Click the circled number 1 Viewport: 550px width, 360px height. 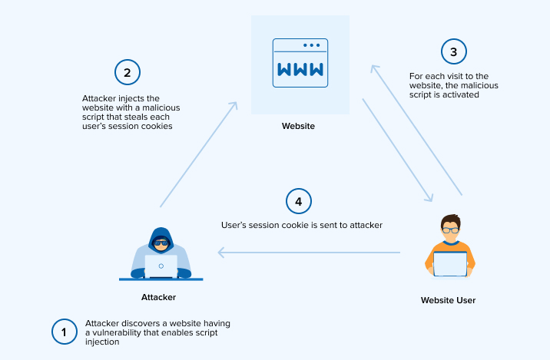(x=65, y=332)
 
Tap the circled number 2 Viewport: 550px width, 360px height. (x=128, y=72)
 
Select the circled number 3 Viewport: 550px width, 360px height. (x=453, y=51)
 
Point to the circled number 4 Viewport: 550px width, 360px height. (x=299, y=202)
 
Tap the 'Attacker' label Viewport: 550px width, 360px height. (x=159, y=297)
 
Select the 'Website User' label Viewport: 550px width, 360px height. (x=448, y=300)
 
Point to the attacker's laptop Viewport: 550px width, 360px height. (x=161, y=266)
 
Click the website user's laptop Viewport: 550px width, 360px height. (x=449, y=263)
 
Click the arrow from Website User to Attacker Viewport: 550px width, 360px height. (x=307, y=252)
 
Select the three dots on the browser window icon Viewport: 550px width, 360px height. (x=312, y=45)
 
